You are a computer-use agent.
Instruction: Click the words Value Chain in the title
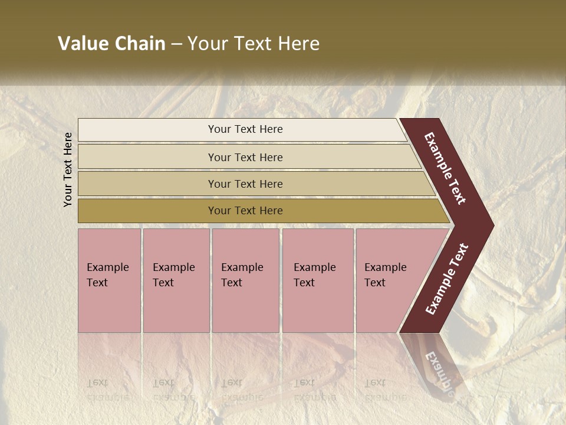point(111,44)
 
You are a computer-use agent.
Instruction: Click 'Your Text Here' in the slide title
point(254,44)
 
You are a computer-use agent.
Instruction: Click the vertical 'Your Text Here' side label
point(68,169)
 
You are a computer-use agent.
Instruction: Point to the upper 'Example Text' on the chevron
point(445,168)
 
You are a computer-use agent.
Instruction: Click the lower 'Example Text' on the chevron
point(447,279)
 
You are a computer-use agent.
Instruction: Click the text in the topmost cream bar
point(245,129)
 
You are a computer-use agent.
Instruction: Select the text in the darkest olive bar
point(245,211)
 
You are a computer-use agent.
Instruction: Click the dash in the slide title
point(176,44)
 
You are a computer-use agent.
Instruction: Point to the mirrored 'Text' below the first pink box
point(97,382)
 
